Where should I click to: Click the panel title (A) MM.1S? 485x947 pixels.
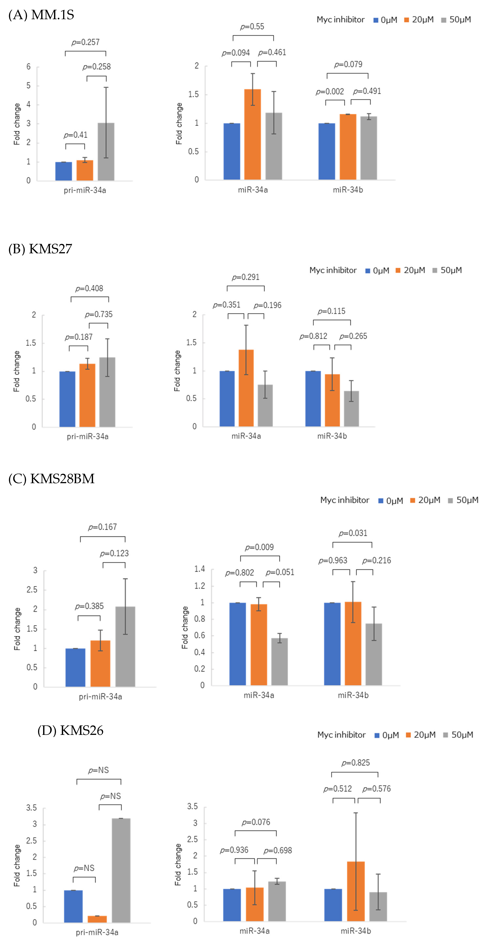(x=41, y=15)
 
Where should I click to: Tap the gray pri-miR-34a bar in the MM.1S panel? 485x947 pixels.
(x=106, y=151)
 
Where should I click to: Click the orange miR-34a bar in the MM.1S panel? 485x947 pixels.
(x=252, y=134)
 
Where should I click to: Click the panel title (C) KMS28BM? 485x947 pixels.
(x=51, y=479)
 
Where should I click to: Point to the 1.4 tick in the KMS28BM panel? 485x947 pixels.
(x=199, y=569)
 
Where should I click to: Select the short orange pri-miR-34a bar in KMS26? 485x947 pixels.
(x=97, y=919)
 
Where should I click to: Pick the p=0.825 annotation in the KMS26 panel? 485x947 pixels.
(x=355, y=763)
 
